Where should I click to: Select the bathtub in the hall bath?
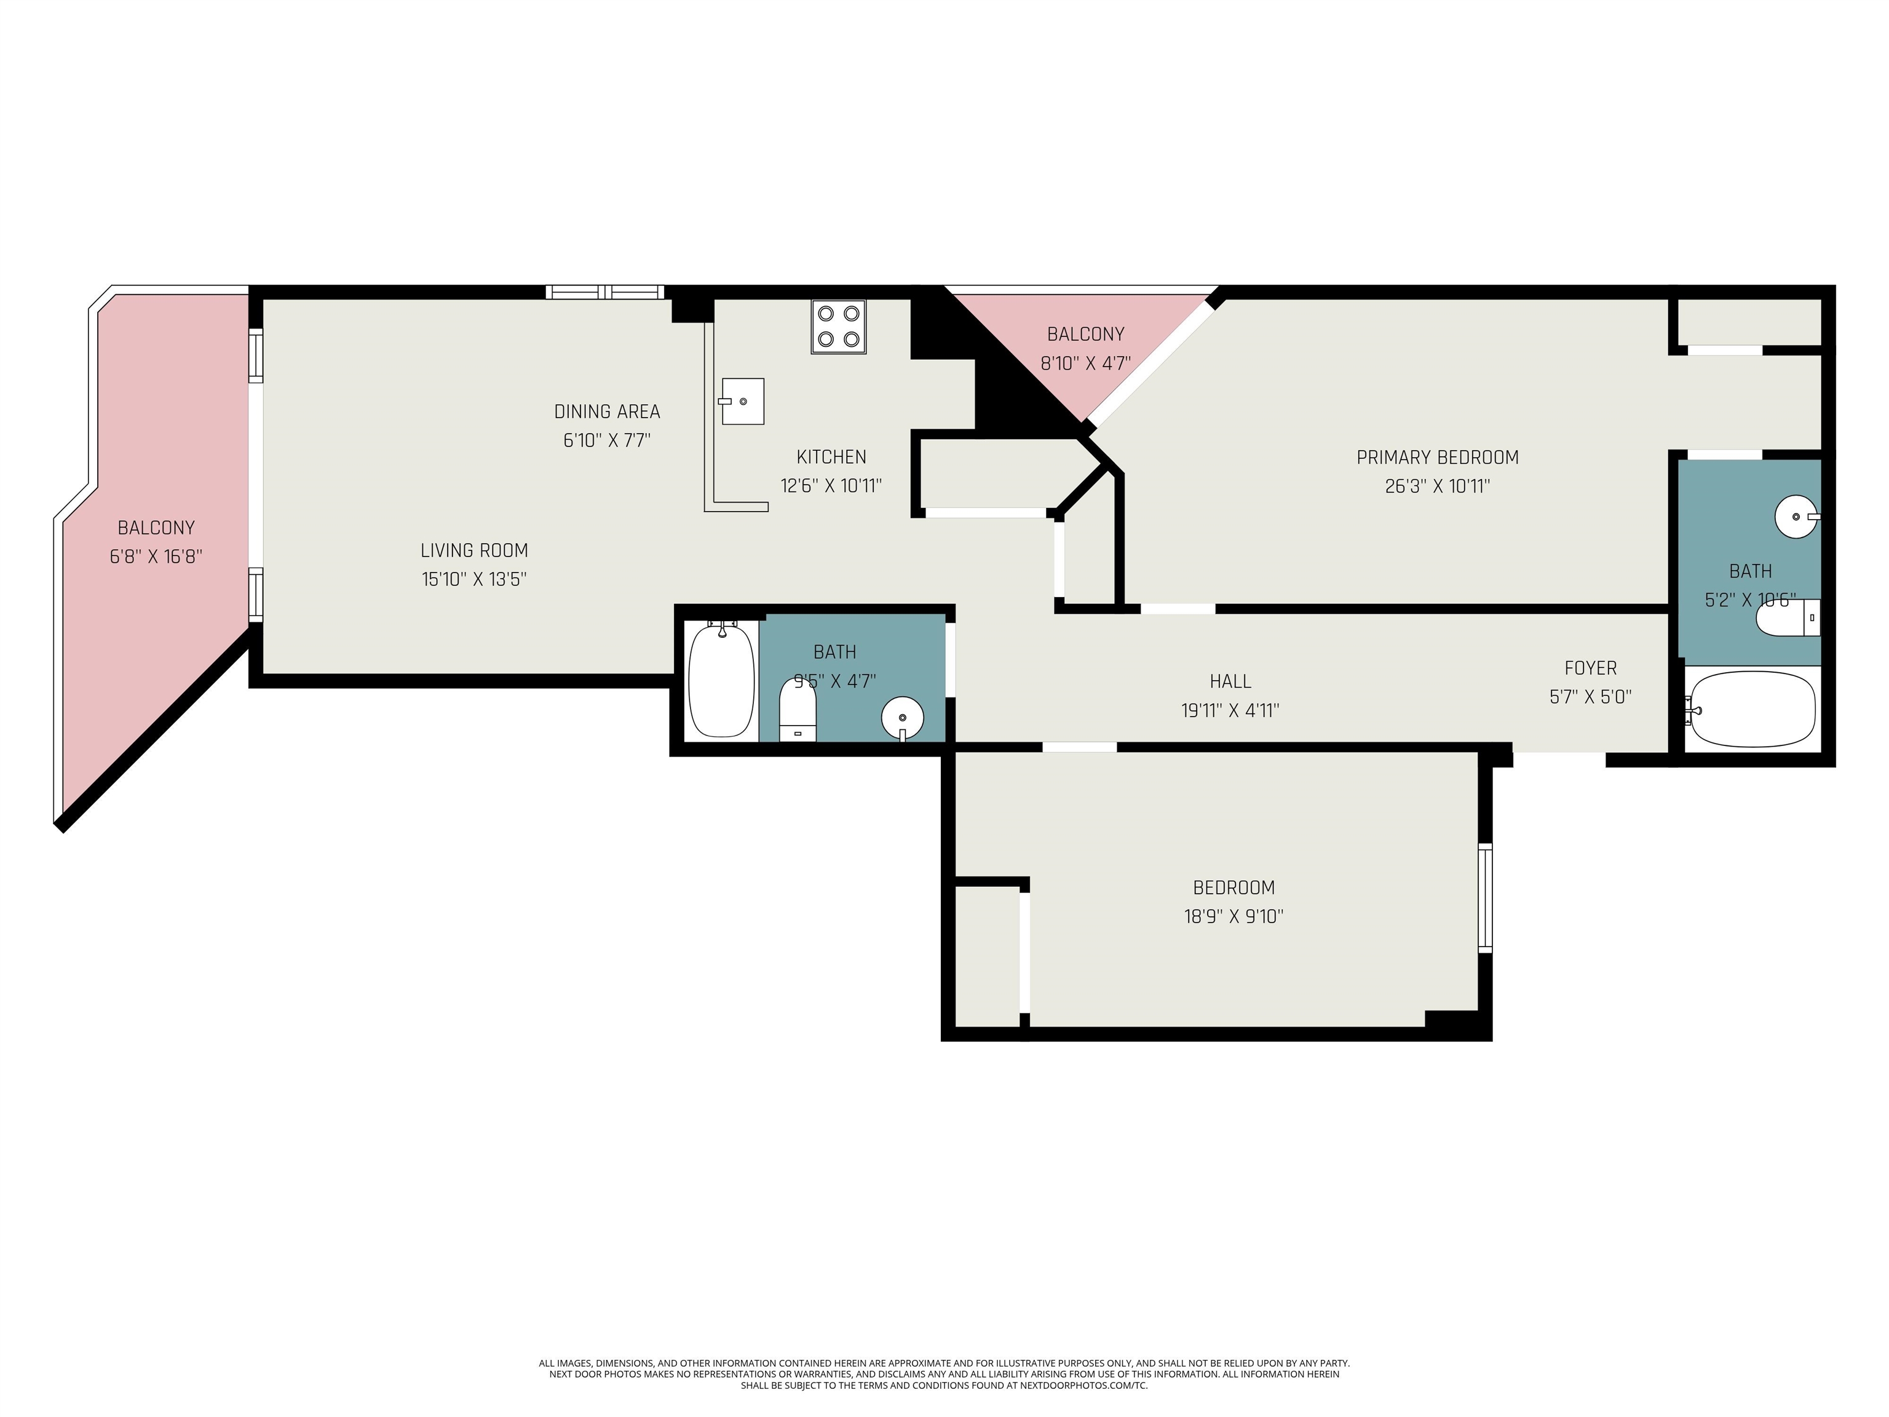click(x=722, y=680)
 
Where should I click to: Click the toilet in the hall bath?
click(x=798, y=709)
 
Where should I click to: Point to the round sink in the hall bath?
click(x=903, y=716)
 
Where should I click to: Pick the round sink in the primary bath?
click(x=1797, y=517)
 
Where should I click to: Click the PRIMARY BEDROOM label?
click(x=1437, y=457)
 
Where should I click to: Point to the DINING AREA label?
click(x=607, y=411)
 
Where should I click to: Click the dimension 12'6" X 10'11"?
click(x=831, y=486)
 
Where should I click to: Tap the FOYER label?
click(x=1590, y=668)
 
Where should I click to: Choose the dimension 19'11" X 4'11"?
click(x=1230, y=710)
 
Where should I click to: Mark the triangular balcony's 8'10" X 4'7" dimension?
click(x=1085, y=363)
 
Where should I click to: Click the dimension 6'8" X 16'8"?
click(x=156, y=557)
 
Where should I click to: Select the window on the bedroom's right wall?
click(x=1485, y=898)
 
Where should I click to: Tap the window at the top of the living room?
click(x=604, y=292)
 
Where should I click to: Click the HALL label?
click(x=1230, y=681)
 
